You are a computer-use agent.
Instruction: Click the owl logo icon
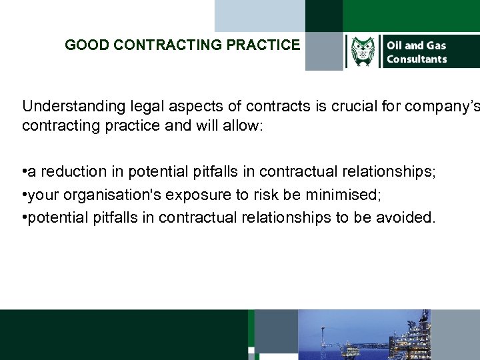pyautogui.click(x=362, y=52)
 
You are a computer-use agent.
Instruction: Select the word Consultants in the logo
pyautogui.click(x=417, y=59)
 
